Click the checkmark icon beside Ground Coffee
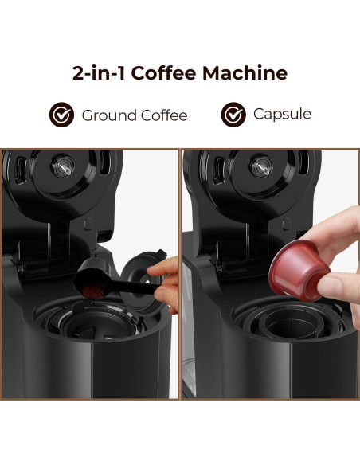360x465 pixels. [x=61, y=115]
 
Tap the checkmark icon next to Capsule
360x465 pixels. [x=233, y=114]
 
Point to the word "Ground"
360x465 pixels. [x=108, y=115]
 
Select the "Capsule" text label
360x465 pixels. [x=282, y=114]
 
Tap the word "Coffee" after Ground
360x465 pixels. [x=163, y=115]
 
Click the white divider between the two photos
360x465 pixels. [x=180, y=271]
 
